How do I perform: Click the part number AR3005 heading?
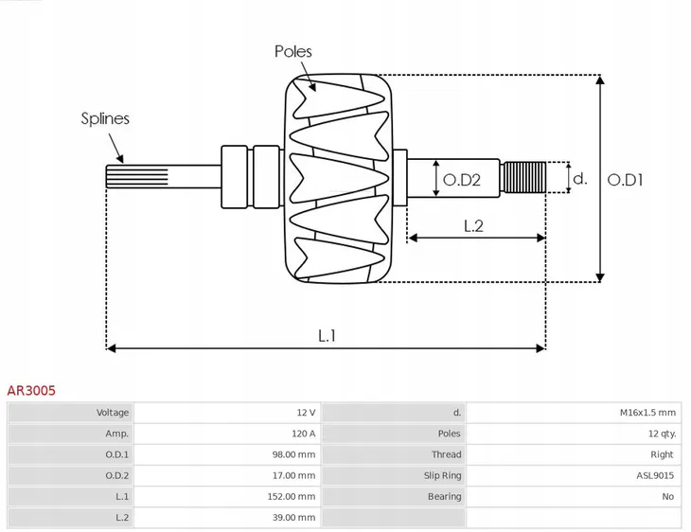30,388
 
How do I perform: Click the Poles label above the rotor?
292,51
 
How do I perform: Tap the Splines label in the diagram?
104,118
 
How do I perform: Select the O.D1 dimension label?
625,179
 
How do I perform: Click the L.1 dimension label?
327,334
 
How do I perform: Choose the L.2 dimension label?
473,225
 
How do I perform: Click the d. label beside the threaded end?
581,178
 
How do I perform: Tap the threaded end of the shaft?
524,177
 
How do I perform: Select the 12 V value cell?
306,413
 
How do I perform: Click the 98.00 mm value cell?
293,454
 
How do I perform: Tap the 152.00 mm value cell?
291,496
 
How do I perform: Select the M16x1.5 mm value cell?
647,413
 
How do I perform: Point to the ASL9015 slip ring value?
654,475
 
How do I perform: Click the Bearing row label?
444,496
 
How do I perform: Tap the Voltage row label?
113,413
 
